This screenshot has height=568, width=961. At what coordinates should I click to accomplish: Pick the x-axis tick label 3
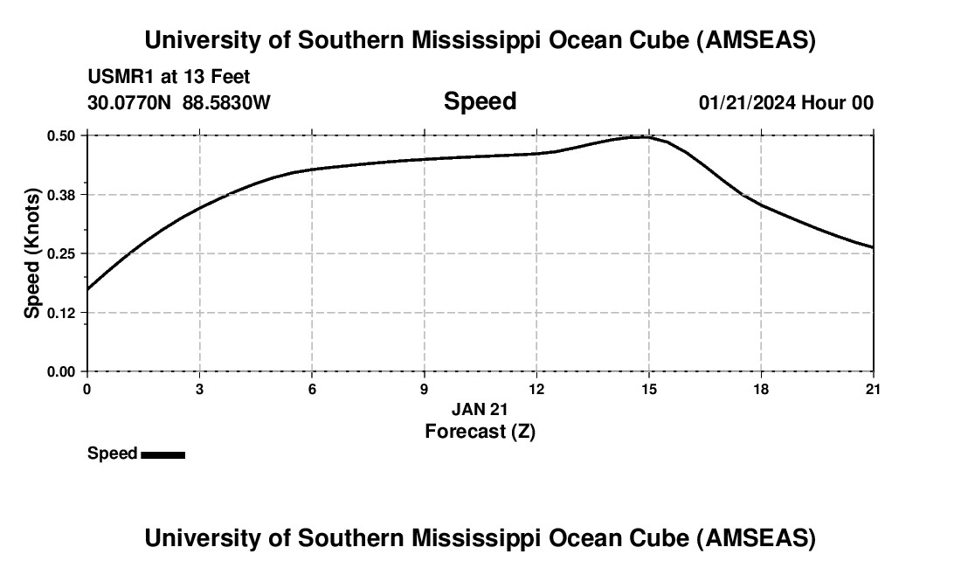click(x=199, y=389)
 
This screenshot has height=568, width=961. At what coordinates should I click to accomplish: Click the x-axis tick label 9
click(x=424, y=389)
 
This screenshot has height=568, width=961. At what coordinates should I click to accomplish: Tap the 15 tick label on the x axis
click(x=648, y=389)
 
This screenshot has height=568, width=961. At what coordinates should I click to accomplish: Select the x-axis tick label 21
click(x=873, y=389)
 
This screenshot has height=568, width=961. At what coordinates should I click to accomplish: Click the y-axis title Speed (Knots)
click(x=32, y=253)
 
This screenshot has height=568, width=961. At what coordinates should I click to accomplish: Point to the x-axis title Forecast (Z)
click(x=480, y=431)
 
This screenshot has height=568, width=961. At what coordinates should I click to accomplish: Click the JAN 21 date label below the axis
click(x=480, y=409)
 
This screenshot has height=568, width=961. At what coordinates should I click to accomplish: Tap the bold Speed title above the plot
click(x=480, y=101)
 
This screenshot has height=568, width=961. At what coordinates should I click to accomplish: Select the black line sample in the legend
click(x=162, y=454)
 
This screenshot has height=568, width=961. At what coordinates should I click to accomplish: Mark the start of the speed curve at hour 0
click(x=87, y=289)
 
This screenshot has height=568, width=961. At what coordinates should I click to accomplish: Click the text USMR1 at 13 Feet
click(x=169, y=78)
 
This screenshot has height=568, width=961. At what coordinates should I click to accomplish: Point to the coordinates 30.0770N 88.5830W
click(x=179, y=102)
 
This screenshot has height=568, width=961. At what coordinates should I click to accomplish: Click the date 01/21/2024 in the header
click(x=747, y=102)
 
